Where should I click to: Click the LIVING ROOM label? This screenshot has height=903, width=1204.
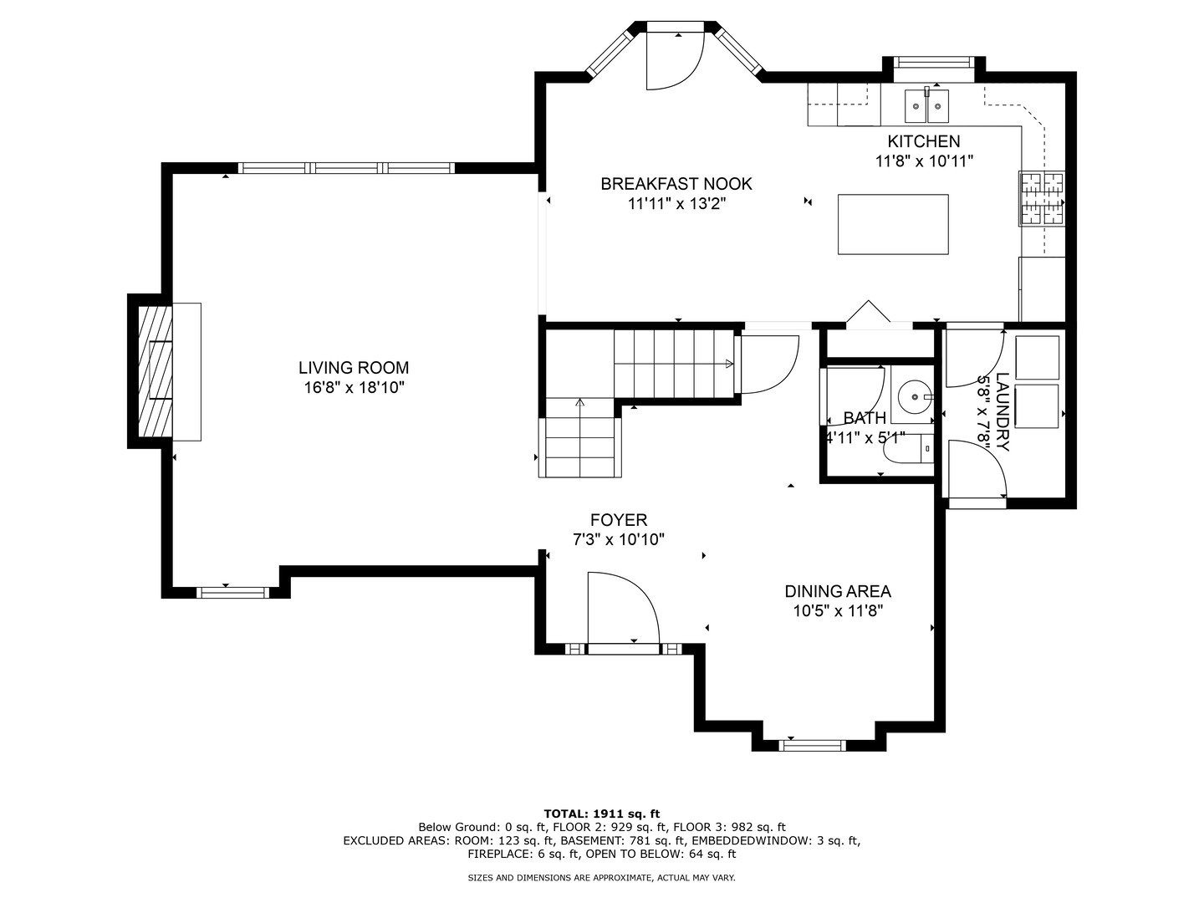tap(354, 367)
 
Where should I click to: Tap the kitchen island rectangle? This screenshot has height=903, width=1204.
tap(892, 224)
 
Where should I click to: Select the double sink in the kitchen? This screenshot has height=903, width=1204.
tap(926, 106)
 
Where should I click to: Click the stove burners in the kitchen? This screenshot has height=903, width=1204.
tap(1041, 198)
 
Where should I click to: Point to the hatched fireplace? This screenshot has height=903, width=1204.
tap(155, 371)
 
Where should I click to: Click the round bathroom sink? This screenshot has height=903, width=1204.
tap(915, 395)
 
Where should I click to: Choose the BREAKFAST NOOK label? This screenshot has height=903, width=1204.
tap(676, 184)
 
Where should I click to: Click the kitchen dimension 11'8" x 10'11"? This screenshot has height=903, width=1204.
tap(924, 161)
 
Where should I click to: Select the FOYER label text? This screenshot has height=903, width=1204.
tap(619, 520)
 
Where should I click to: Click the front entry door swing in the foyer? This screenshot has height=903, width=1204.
tap(624, 608)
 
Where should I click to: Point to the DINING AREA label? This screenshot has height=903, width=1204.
tap(838, 591)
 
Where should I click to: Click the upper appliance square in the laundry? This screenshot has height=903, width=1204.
tap(1037, 358)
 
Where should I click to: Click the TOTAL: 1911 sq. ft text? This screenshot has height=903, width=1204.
tap(602, 814)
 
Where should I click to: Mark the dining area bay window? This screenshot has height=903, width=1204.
tap(812, 745)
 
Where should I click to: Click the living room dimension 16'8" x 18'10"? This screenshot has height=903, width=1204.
tap(354, 388)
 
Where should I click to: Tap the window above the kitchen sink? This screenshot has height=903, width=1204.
tap(934, 62)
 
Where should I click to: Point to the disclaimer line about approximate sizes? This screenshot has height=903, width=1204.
tap(601, 878)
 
